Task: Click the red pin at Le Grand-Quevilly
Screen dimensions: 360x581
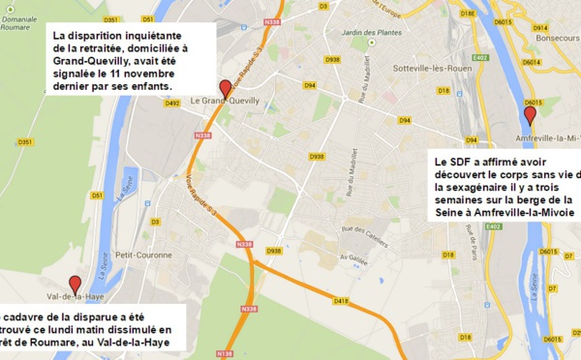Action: [x=226, y=87]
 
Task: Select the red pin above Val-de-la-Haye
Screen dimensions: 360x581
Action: [x=76, y=284]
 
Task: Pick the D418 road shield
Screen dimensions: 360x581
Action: [x=341, y=301]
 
